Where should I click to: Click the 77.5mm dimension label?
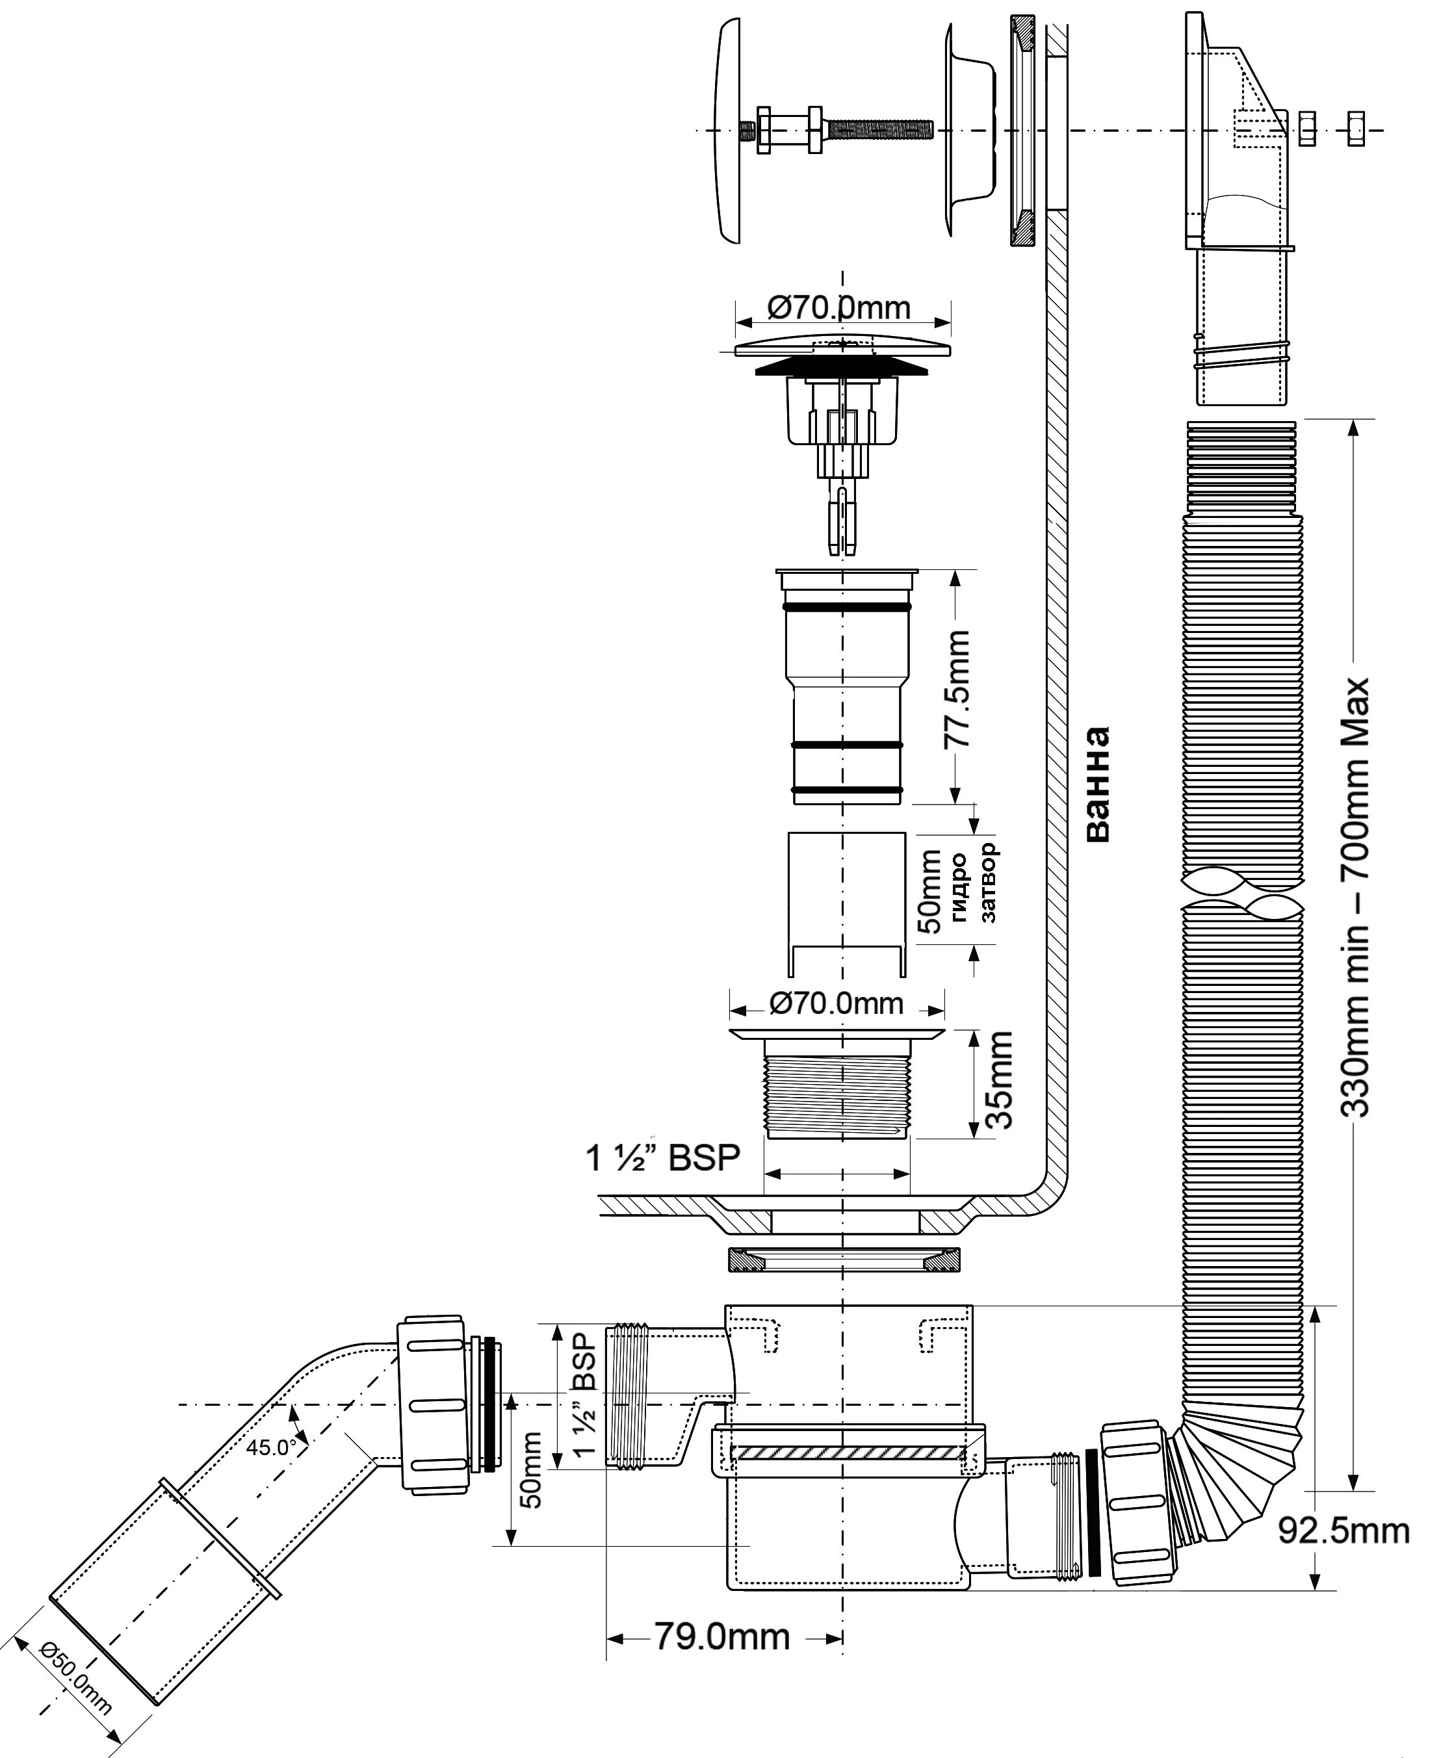(x=958, y=689)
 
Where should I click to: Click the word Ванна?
(x=1097, y=784)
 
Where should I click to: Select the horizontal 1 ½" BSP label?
(x=662, y=1158)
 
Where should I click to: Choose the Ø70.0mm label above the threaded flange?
(x=836, y=1003)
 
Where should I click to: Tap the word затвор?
(x=988, y=883)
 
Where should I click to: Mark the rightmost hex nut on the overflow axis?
(x=1355, y=129)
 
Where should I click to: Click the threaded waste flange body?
(x=837, y=1091)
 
